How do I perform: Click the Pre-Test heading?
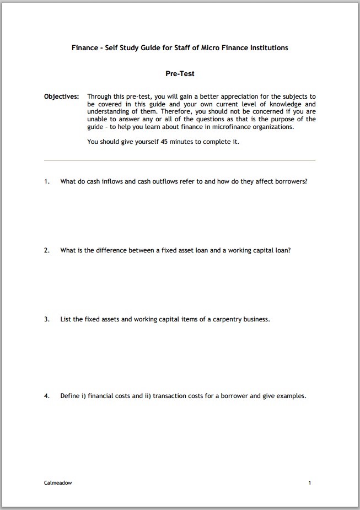click(x=180, y=73)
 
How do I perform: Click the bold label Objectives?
click(x=61, y=96)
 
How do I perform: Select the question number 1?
click(x=47, y=181)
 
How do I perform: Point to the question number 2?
click(x=47, y=250)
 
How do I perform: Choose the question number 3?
click(x=47, y=319)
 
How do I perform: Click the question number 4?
click(x=47, y=396)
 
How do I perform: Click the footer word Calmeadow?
click(x=58, y=483)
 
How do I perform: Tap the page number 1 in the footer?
click(x=310, y=483)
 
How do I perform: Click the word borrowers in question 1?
click(x=290, y=181)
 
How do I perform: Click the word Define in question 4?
click(x=70, y=396)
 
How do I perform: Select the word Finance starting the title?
click(x=85, y=48)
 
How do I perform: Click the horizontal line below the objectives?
click(x=180, y=160)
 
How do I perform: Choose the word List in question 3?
click(x=66, y=319)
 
